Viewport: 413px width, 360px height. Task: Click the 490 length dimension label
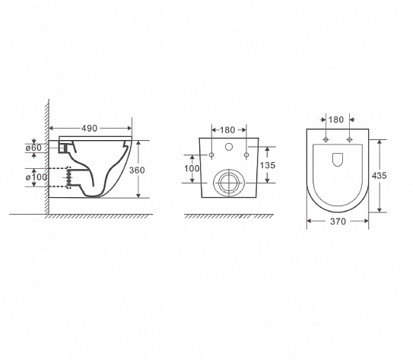tap(90, 129)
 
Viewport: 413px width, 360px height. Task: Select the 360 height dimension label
tap(137, 170)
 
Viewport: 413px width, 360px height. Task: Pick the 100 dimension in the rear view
tap(192, 167)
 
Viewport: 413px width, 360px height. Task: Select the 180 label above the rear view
tap(226, 130)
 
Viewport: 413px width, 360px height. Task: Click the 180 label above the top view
tap(336, 119)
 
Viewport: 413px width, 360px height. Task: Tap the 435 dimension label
tap(379, 175)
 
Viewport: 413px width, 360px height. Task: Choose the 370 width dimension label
tap(338, 222)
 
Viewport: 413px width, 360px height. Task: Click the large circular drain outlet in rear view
tap(227, 182)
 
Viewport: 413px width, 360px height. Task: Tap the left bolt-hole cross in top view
tap(326, 141)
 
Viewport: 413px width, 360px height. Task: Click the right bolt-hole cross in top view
tap(349, 141)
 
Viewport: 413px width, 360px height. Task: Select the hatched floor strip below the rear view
tap(227, 218)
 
